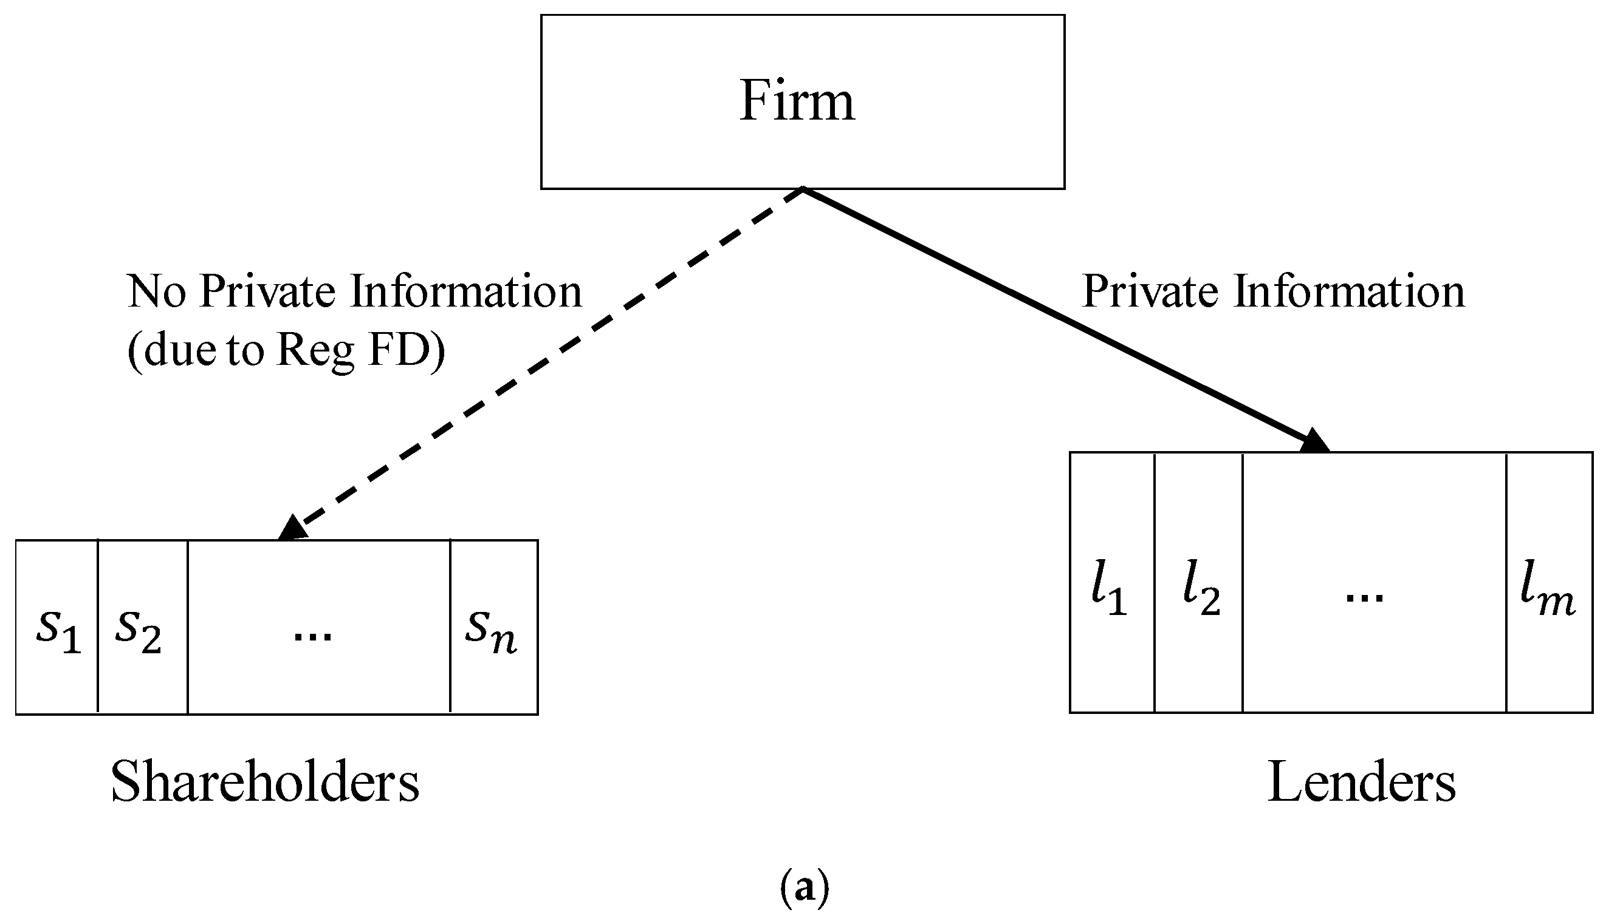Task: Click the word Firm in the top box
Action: tap(797, 101)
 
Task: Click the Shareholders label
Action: tap(265, 783)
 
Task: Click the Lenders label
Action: tap(1362, 783)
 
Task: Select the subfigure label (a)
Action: tap(804, 888)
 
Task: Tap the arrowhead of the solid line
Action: tap(1313, 442)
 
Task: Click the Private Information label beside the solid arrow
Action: tap(1274, 291)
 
